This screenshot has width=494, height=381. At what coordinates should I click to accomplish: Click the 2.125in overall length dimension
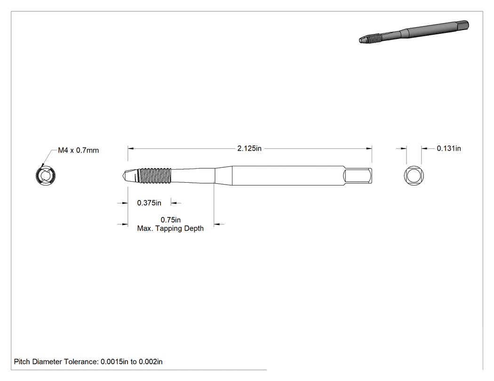point(249,148)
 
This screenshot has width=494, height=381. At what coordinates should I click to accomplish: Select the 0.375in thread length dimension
point(149,203)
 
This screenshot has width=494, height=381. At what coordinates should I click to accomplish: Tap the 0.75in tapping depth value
point(171,219)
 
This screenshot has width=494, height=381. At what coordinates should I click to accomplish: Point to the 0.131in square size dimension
point(449,148)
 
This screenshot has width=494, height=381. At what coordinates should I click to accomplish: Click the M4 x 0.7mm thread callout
point(79,150)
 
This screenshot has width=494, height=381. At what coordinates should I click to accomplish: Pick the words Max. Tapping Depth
point(170,228)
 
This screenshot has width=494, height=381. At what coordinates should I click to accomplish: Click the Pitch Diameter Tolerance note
point(88,362)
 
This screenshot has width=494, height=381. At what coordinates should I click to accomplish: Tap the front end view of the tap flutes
point(46,176)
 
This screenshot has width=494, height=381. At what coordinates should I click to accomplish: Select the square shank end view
point(414,176)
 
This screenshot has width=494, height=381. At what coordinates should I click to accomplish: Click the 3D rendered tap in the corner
point(414,32)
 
